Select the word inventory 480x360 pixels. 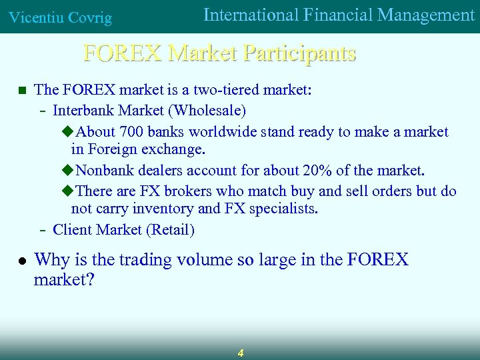167,209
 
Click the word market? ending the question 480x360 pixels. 64,280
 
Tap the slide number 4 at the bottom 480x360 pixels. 240,353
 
